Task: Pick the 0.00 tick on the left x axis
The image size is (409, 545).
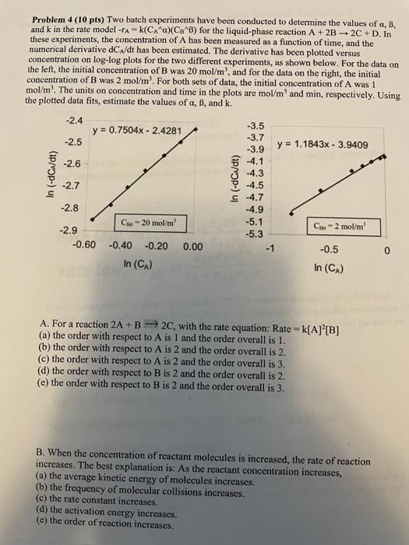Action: (192, 247)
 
